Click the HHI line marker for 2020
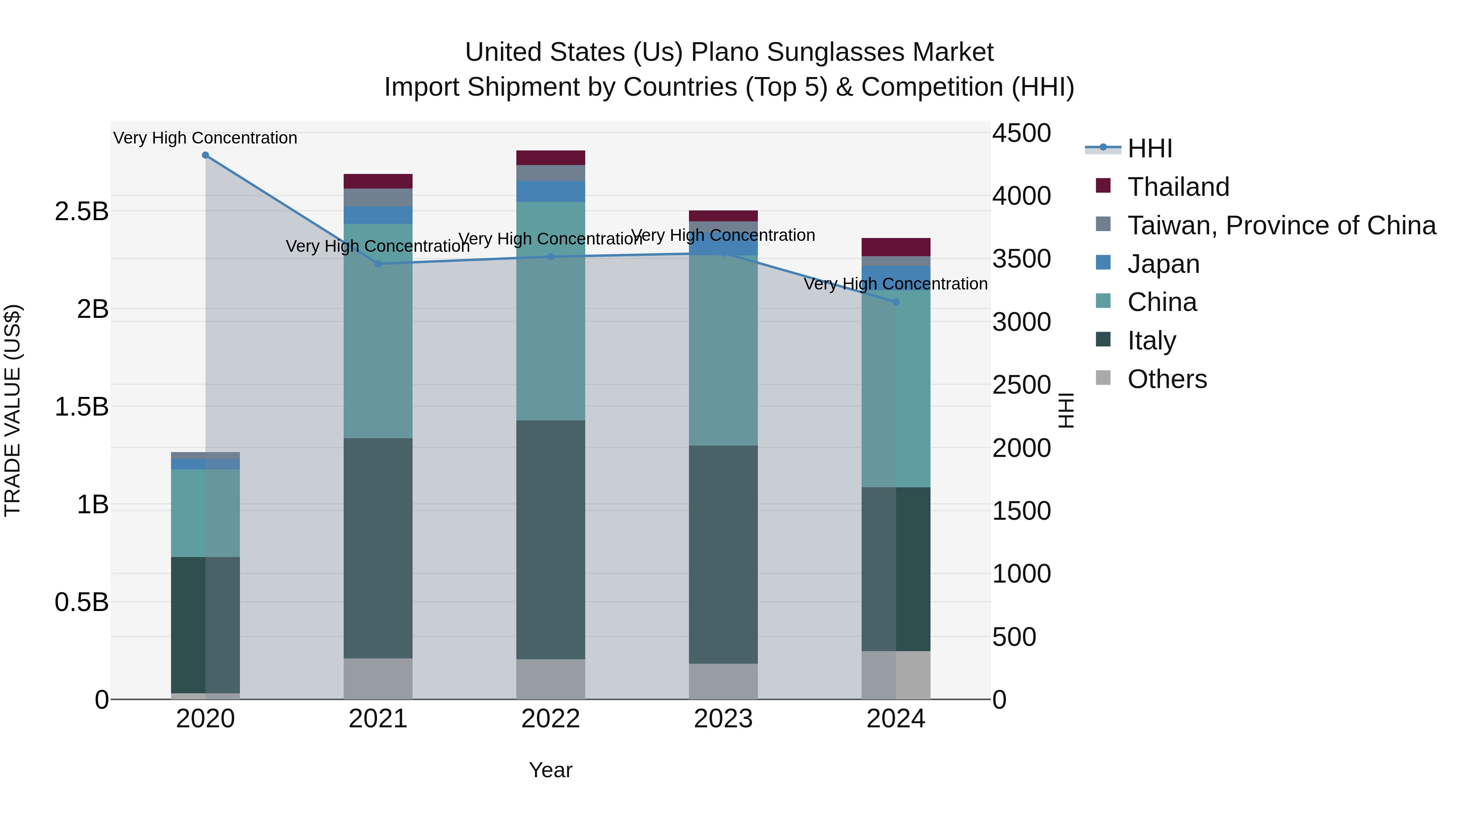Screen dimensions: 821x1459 click(205, 155)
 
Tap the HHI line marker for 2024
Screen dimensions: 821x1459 click(895, 302)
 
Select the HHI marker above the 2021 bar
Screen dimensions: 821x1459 click(378, 264)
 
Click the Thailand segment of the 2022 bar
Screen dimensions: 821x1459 click(550, 158)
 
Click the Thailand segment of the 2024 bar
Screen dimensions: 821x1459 click(895, 247)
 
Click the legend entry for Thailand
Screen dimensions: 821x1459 click(1178, 187)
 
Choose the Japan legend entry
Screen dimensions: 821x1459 click(1163, 264)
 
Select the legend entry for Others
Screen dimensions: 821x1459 click(1167, 379)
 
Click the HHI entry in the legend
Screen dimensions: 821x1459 click(1150, 148)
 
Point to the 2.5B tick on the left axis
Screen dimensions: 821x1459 click(81, 211)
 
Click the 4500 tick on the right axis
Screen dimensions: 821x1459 click(1021, 134)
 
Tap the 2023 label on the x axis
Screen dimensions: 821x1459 click(723, 719)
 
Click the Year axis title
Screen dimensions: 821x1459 click(550, 770)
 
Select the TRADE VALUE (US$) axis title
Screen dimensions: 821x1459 click(13, 410)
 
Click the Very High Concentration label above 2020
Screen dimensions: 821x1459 click(205, 138)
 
